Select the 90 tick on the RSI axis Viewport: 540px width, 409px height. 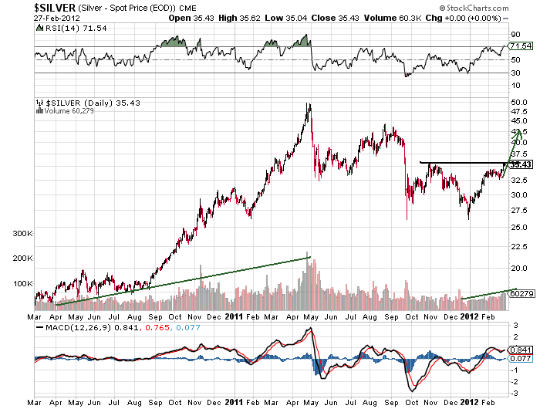(x=516, y=35)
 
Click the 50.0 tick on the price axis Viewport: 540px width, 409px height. (x=519, y=102)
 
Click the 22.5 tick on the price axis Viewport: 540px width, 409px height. (x=519, y=248)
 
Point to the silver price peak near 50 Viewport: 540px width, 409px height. (x=309, y=104)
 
